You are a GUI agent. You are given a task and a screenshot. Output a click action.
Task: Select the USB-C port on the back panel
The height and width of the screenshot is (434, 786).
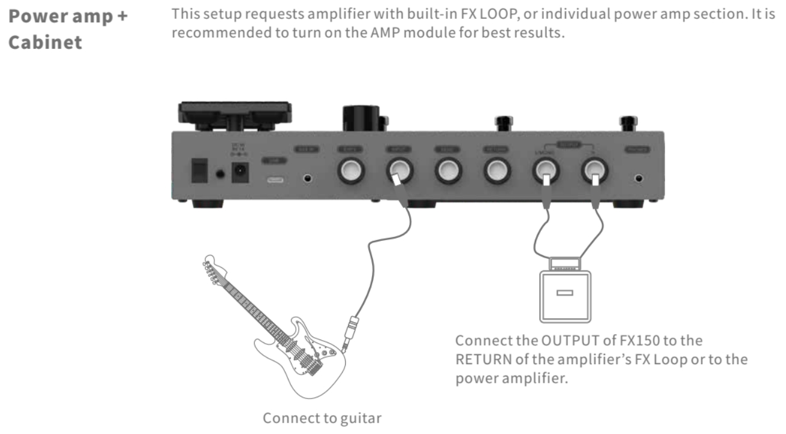274,179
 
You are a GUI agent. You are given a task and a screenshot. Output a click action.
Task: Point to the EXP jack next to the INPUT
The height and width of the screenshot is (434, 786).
351,172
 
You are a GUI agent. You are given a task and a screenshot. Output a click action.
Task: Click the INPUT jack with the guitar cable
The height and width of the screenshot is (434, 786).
399,171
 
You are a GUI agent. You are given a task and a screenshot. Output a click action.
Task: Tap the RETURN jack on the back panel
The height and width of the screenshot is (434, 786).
497,172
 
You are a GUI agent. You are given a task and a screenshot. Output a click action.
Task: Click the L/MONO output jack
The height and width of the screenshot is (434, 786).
546,172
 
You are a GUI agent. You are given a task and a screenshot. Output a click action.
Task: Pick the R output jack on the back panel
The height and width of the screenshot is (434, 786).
594,172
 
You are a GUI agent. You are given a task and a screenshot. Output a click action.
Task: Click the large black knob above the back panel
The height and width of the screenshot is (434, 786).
360,117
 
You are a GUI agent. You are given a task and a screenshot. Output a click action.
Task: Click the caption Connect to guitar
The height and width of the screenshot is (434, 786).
322,417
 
